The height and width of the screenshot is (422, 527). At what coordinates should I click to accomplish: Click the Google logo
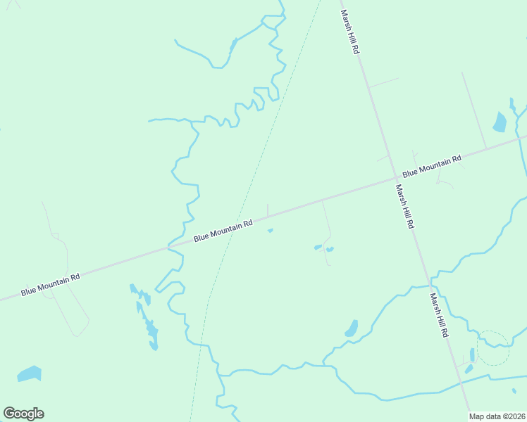[x=23, y=414]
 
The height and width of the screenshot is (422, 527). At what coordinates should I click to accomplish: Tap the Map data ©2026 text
[x=497, y=416]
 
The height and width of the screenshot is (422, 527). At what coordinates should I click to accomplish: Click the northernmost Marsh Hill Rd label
[x=351, y=32]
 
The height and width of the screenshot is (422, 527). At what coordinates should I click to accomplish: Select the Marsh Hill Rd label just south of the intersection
[x=404, y=206]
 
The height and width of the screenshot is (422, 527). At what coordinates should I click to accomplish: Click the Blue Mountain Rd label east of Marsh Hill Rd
[x=431, y=166]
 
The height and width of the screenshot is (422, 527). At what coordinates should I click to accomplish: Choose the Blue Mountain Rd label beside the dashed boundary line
[x=223, y=231]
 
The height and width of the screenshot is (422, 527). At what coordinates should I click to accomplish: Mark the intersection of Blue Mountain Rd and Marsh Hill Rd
[x=395, y=179]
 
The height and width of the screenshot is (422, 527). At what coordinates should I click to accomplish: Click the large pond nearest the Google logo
[x=29, y=373]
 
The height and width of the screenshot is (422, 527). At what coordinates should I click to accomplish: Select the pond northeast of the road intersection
[x=500, y=122]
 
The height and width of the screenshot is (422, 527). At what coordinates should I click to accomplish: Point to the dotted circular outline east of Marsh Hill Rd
[x=493, y=347]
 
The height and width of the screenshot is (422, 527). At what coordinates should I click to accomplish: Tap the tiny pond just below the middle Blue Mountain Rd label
[x=270, y=230]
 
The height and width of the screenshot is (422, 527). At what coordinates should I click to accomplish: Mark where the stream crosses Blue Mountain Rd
[x=168, y=248]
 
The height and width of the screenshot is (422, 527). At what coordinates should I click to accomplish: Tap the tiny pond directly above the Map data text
[x=514, y=391]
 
